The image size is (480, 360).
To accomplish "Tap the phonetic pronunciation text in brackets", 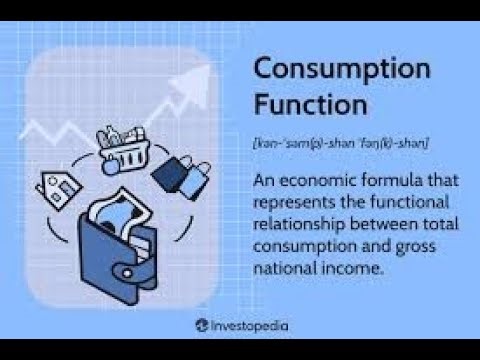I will pyautogui.click(x=340, y=144).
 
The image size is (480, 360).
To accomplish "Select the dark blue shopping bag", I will pyautogui.click(x=168, y=172).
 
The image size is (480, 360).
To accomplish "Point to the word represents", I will pyautogui.click(x=299, y=202).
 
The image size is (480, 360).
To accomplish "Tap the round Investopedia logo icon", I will pyautogui.click(x=203, y=325).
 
